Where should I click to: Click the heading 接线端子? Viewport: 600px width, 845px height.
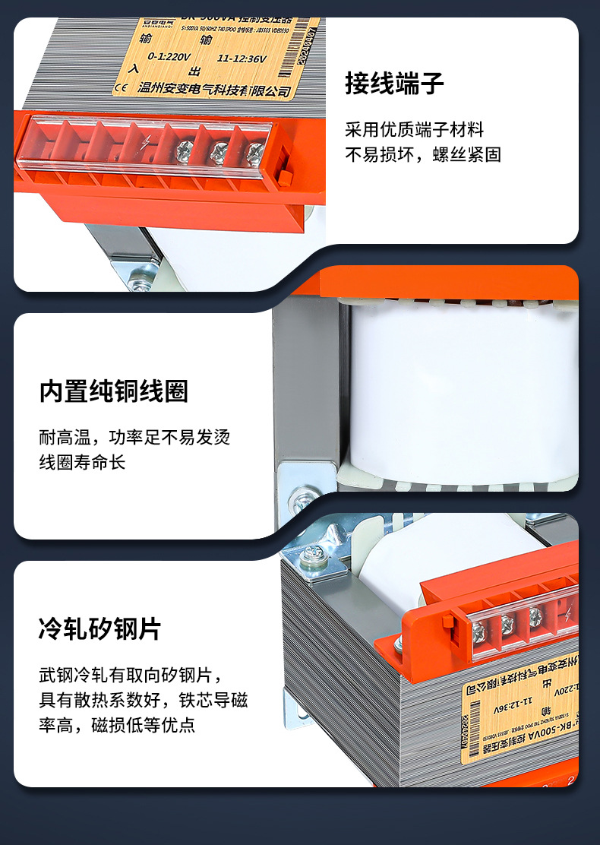click(x=394, y=83)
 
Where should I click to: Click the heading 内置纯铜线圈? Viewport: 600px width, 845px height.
click(x=114, y=392)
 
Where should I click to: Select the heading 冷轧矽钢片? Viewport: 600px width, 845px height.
click(x=100, y=629)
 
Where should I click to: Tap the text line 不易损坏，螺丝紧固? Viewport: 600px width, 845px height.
click(x=423, y=154)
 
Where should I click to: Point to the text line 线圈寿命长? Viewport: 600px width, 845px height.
click(x=82, y=462)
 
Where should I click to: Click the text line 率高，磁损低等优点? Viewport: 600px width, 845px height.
click(x=117, y=725)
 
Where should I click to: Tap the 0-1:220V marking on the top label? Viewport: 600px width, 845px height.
click(x=169, y=56)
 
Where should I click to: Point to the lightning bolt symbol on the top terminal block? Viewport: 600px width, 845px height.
click(x=144, y=141)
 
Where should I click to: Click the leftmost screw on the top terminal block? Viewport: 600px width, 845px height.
click(x=185, y=150)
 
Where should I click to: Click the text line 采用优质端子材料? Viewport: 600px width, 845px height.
click(x=414, y=130)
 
